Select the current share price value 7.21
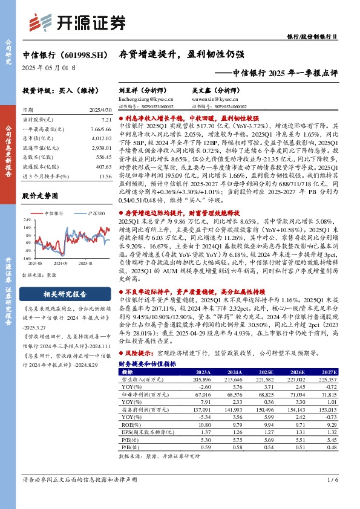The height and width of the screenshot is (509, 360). click(x=106, y=121)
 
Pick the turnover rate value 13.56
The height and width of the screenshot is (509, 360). click(x=105, y=176)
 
